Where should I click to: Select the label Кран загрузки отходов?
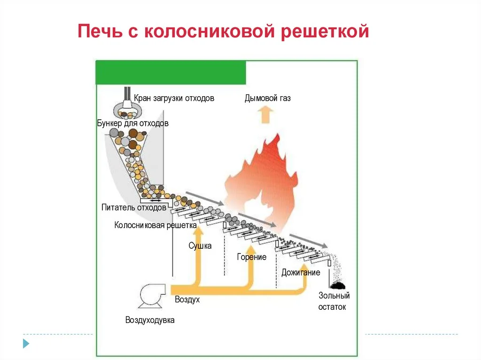(x=174, y=98)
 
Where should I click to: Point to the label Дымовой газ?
(x=267, y=98)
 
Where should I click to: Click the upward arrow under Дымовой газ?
(x=267, y=114)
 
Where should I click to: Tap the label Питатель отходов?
(x=134, y=207)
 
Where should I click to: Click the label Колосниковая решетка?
(x=155, y=225)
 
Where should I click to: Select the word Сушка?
(x=200, y=245)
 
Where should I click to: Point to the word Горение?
(x=252, y=257)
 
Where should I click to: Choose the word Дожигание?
(x=301, y=272)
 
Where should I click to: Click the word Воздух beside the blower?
(x=187, y=299)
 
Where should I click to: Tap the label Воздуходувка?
(x=150, y=320)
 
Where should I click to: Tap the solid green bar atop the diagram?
(x=171, y=73)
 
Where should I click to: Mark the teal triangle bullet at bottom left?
(x=26, y=343)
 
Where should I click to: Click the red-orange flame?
(x=263, y=178)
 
